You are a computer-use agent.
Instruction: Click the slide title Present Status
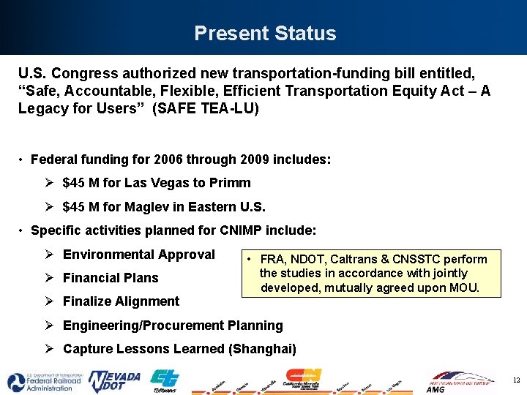point(265,34)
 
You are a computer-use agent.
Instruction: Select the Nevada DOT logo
point(114,381)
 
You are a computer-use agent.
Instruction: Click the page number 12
point(516,380)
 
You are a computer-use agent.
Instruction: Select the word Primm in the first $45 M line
point(233,183)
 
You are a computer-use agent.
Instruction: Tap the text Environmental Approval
point(139,255)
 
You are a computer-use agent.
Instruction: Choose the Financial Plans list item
point(111,278)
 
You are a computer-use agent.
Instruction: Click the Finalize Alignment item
point(121,301)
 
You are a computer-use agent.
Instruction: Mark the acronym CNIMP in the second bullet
point(243,230)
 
